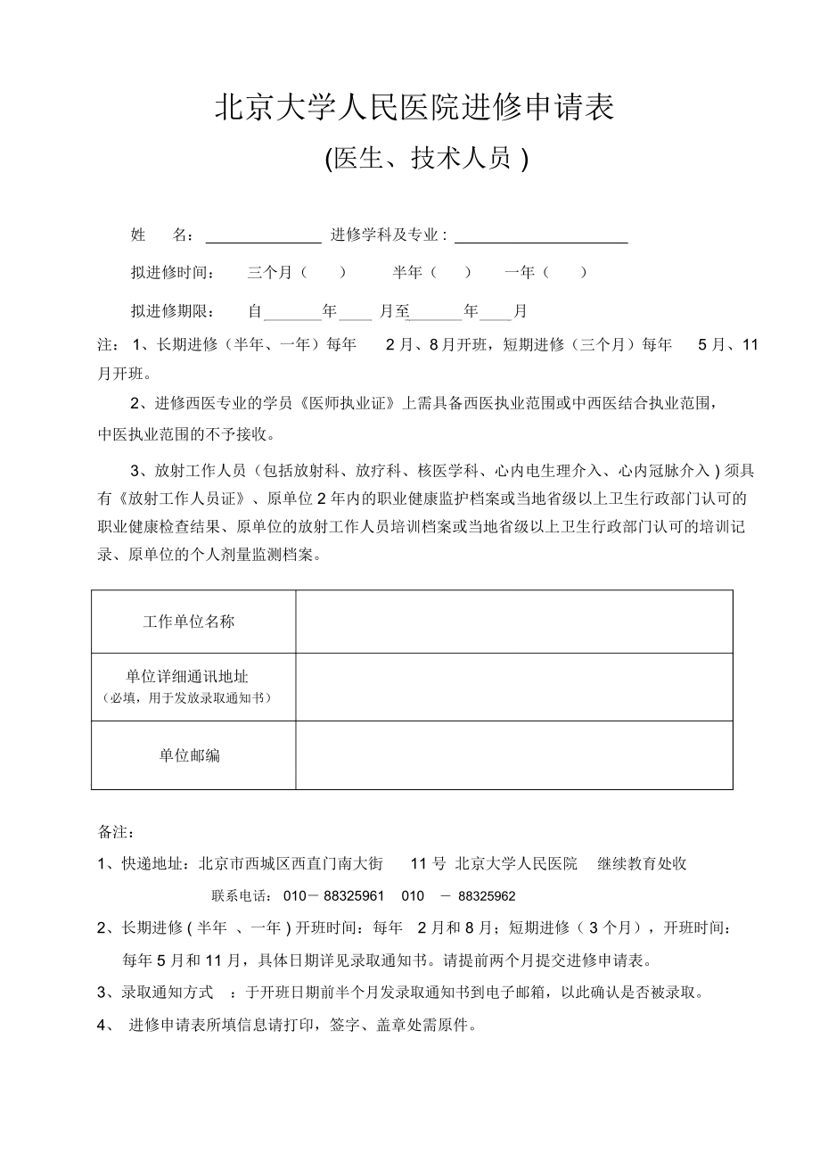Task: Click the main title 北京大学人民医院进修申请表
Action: pyautogui.click(x=414, y=109)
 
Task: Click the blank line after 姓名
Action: pyautogui.click(x=264, y=236)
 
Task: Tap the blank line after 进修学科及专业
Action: pyautogui.click(x=541, y=236)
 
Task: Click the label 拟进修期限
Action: pyautogui.click(x=172, y=311)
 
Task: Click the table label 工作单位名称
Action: pyautogui.click(x=189, y=622)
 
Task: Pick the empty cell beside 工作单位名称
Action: pyautogui.click(x=514, y=622)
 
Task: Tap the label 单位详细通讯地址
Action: pyautogui.click(x=187, y=678)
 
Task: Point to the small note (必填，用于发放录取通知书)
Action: pyautogui.click(x=187, y=697)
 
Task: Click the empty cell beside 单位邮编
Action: pyautogui.click(x=514, y=755)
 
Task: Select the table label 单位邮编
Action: pyautogui.click(x=190, y=755)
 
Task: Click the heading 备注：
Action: pyautogui.click(x=116, y=831)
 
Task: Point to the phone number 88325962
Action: pyautogui.click(x=486, y=896)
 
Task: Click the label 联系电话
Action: pyautogui.click(x=242, y=896)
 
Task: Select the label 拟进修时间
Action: pyautogui.click(x=172, y=273)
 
